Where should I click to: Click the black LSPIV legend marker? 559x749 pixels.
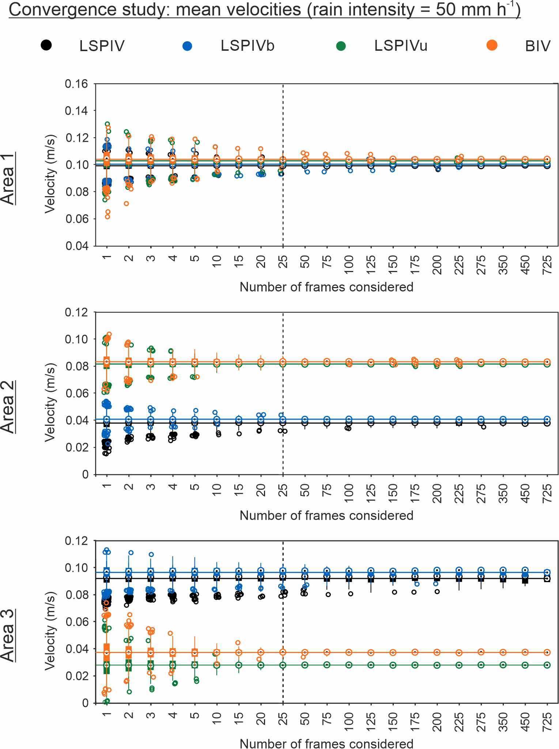(x=46, y=45)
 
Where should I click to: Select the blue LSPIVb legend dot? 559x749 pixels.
(x=187, y=46)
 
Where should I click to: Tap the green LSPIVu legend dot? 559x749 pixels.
(x=341, y=46)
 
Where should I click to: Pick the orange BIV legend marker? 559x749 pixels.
(x=492, y=45)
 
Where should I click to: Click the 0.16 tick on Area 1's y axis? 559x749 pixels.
(x=76, y=84)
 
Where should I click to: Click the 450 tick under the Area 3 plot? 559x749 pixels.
(x=525, y=720)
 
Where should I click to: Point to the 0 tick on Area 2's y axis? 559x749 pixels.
(x=85, y=475)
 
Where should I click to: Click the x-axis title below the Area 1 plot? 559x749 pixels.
(x=326, y=287)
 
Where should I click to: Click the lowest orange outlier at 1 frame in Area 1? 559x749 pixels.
(x=107, y=217)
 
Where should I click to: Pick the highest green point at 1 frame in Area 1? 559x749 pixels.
(x=107, y=124)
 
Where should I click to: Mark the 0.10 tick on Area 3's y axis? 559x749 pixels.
(x=76, y=568)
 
